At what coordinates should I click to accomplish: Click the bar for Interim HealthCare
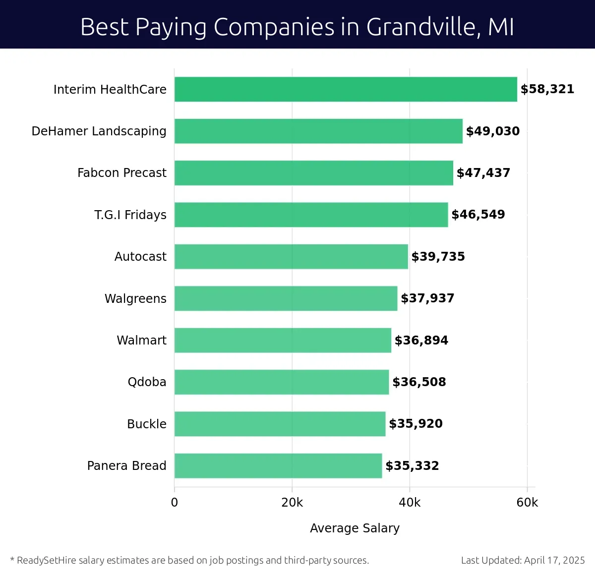tap(346, 89)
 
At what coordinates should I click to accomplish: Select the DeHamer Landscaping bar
tap(318, 131)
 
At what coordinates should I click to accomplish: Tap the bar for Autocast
tap(291, 256)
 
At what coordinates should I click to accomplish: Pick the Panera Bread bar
tap(278, 465)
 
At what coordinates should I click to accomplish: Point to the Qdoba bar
tap(282, 382)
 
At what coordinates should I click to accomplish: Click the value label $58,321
tap(547, 89)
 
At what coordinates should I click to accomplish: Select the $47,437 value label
tap(483, 173)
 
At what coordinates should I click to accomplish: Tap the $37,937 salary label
tap(427, 298)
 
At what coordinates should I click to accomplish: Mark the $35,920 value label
tap(416, 424)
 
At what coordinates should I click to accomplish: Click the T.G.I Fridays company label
tap(130, 215)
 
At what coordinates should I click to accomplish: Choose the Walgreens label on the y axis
tap(135, 298)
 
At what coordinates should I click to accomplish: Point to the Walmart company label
tap(141, 340)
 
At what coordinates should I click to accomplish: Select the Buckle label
tap(147, 424)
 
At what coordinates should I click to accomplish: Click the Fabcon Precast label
tap(122, 173)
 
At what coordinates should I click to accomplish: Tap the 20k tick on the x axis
tap(292, 503)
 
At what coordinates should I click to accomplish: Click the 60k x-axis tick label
tap(527, 503)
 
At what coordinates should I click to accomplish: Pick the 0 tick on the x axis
tap(175, 503)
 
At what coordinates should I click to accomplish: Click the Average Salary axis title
tap(355, 528)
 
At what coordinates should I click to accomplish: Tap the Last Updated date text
tap(523, 560)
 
